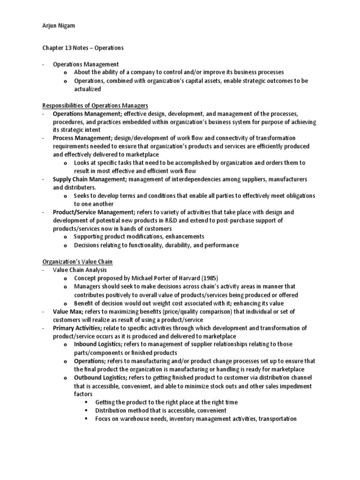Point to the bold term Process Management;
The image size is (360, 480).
point(82,138)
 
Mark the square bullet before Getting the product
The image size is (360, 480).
point(86,402)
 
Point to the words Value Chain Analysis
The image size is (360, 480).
point(80,270)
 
